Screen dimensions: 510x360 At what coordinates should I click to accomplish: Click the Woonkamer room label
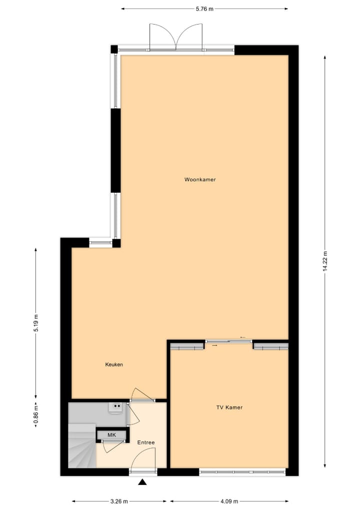[200, 180]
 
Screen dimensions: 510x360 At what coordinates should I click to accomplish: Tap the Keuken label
[114, 364]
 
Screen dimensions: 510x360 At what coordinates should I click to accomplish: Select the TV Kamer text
[229, 407]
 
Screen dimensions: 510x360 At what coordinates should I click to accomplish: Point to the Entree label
[146, 442]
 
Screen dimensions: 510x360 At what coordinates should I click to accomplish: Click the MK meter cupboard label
[111, 435]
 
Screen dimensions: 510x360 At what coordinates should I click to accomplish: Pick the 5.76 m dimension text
[204, 9]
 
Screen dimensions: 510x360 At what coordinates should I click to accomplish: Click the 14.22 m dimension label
[325, 260]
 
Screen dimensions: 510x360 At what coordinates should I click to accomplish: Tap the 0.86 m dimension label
[35, 415]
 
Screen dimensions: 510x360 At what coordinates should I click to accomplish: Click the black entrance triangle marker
[142, 482]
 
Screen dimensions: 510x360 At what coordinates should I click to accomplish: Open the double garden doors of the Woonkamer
[176, 38]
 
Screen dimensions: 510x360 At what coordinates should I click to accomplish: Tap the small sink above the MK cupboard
[116, 408]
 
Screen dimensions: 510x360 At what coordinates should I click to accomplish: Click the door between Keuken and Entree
[141, 395]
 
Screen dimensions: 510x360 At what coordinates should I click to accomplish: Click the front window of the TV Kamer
[242, 471]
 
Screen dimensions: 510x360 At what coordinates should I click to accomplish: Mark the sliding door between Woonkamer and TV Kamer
[229, 341]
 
